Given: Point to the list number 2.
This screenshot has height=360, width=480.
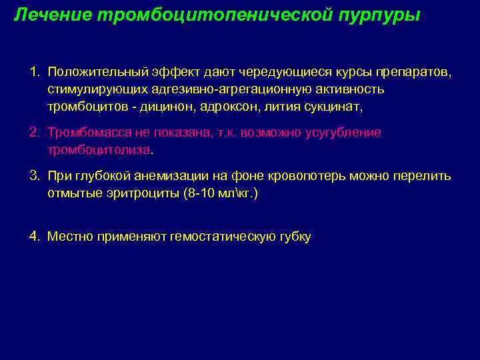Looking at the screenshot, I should click(34, 132).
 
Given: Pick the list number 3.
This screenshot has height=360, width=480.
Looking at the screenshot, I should click(34, 176).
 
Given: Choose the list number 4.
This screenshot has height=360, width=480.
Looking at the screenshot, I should click(34, 236).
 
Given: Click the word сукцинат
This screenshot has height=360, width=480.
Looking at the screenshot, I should click(332, 107).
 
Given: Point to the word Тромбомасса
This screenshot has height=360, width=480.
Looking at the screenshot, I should click(86, 132).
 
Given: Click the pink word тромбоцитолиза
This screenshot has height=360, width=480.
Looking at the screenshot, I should click(99, 150).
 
